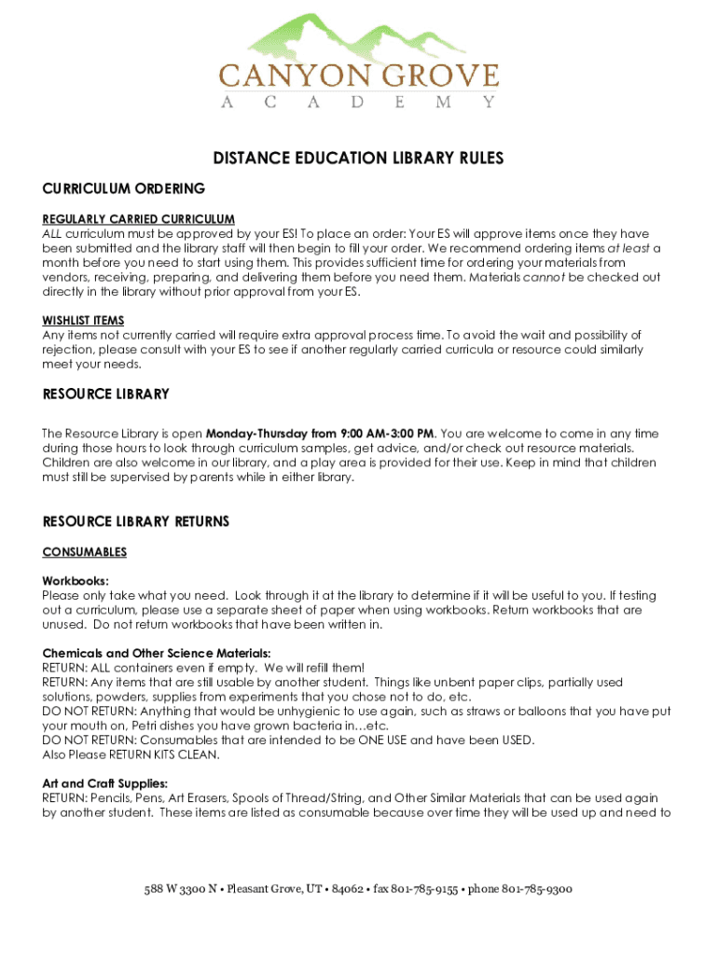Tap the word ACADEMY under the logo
359,103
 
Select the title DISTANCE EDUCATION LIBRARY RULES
359,159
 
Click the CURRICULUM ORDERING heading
124,189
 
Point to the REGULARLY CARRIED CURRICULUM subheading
138,220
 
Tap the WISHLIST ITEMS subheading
83,321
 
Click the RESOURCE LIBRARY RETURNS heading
136,521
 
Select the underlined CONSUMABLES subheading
85,552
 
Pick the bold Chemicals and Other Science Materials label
157,653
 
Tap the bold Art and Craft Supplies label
104,783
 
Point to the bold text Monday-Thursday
256,434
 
